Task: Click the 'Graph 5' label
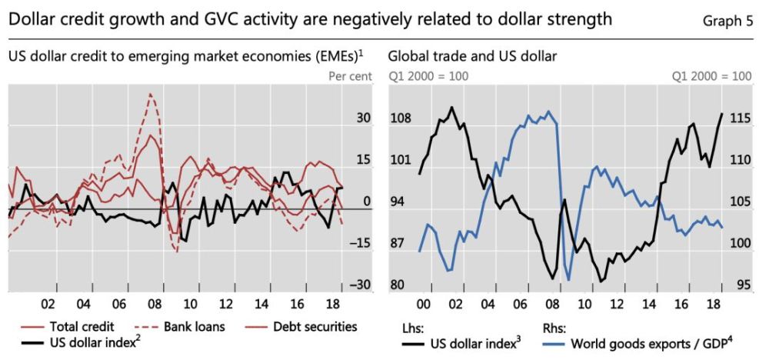click(727, 21)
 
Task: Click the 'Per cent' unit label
click(350, 76)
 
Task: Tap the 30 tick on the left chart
click(363, 118)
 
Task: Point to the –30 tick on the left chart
click(360, 285)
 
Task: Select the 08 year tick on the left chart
click(155, 303)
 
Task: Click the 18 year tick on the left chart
click(334, 303)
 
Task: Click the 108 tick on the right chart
click(401, 119)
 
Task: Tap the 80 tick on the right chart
click(398, 285)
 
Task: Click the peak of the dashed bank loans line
click(150, 94)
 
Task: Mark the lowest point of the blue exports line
click(568, 279)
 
